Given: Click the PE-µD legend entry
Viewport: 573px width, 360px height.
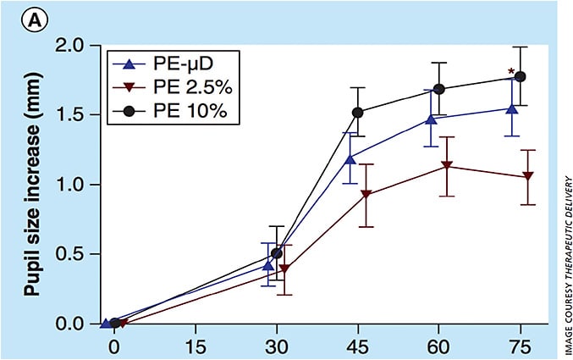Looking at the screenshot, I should (155, 63).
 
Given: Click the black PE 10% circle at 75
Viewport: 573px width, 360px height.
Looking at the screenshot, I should (521, 76).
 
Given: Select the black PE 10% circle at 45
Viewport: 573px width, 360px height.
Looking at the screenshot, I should (357, 112).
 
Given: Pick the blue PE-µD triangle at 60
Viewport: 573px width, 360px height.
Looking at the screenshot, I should (432, 119).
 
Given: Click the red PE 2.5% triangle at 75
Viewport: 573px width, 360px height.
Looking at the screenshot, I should (528, 176).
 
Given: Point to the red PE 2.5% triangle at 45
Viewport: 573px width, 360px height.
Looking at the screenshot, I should (366, 196).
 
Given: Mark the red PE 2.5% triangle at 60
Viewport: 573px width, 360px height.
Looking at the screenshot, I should (447, 166).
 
